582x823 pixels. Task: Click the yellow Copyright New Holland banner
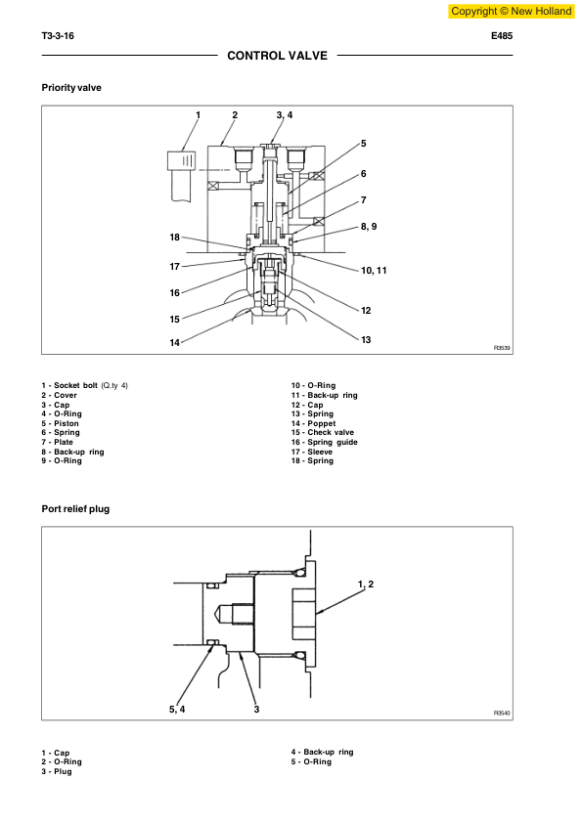pos(511,11)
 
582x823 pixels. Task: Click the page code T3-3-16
pos(58,36)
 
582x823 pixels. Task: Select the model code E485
pos(502,36)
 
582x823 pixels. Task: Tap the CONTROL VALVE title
pos(277,56)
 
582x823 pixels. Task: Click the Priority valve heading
pos(70,88)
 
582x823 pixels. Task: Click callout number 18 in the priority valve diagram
pos(175,238)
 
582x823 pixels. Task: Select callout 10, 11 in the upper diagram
pos(374,269)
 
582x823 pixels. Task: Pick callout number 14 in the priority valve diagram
pos(175,343)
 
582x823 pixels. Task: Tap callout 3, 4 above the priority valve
pos(284,115)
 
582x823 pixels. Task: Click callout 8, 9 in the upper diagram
pos(369,226)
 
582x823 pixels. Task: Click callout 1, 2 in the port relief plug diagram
pos(366,584)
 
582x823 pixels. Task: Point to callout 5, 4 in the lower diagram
pos(177,709)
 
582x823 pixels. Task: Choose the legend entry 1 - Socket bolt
pos(84,385)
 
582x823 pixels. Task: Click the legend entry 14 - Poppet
pos(313,423)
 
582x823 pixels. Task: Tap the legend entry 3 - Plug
pos(56,771)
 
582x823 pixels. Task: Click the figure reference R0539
pos(502,347)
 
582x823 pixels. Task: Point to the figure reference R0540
pos(502,714)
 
